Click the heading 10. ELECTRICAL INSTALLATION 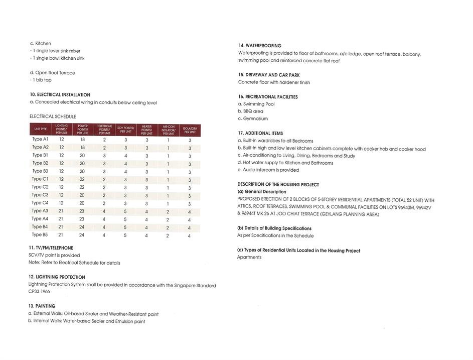coord(60,95)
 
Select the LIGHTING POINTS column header coord(62,130)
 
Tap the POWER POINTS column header coord(83,130)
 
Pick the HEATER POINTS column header coord(146,130)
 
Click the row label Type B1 coord(40,155)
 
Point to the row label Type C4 coord(40,203)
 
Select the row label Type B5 coord(40,234)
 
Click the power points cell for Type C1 coord(82,179)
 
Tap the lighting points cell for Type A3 coord(61,211)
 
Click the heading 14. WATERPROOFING coord(260,46)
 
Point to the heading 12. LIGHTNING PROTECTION coord(57,277)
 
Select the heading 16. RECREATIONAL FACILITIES coord(268,97)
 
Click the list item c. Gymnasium coord(253,119)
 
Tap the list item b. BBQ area coord(250,111)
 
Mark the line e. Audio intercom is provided coord(268,170)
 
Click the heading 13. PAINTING coord(42,306)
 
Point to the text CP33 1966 coord(40,292)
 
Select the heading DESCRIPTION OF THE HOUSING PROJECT coord(278,185)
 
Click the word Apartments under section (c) coord(249,257)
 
